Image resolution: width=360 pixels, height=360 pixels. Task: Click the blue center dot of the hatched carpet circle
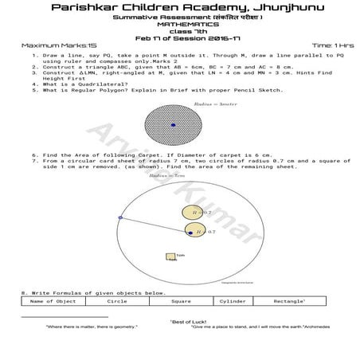pos(174,125)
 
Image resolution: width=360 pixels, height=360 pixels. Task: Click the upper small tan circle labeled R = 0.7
pos(194,213)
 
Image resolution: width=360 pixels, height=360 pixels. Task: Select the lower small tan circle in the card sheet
pos(194,231)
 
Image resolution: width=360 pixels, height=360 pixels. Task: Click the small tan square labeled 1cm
pos(170,256)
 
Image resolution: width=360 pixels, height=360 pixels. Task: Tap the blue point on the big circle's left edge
pos(120,217)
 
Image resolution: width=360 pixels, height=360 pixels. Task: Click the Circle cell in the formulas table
pos(117,301)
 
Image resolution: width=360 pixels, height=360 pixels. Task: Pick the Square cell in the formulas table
pos(181,301)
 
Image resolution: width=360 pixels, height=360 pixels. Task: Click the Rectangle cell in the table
pos(290,301)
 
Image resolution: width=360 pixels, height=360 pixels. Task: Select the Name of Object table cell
pos(53,301)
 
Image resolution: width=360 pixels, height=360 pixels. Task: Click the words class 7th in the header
pos(180,31)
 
